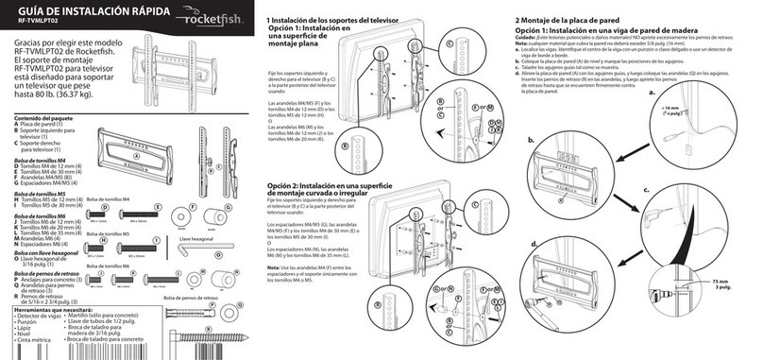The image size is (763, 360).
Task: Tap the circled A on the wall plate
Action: [136, 157]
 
